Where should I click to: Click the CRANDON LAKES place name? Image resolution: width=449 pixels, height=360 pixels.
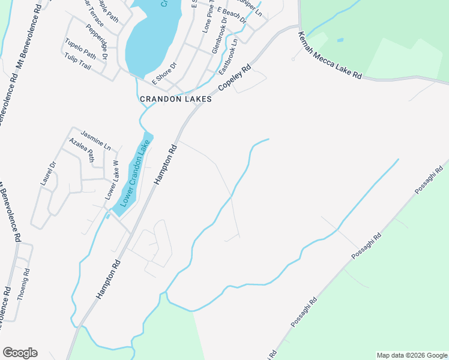[x=176, y=99]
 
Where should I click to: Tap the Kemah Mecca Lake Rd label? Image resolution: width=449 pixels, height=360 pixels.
[x=330, y=56]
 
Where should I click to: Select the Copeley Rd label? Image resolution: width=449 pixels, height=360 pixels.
[x=234, y=78]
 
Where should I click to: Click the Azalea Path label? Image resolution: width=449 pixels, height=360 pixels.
[x=82, y=150]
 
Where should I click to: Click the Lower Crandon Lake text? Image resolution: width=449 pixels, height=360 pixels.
[x=133, y=173]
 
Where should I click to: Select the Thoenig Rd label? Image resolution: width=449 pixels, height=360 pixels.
[x=23, y=284]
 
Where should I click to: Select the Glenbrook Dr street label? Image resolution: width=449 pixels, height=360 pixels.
[x=220, y=36]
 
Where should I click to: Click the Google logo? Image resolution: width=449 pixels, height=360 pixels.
[x=20, y=353]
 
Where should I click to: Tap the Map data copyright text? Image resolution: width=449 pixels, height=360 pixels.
[x=411, y=355]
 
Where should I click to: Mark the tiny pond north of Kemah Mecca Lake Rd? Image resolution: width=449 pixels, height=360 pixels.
[x=340, y=40]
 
